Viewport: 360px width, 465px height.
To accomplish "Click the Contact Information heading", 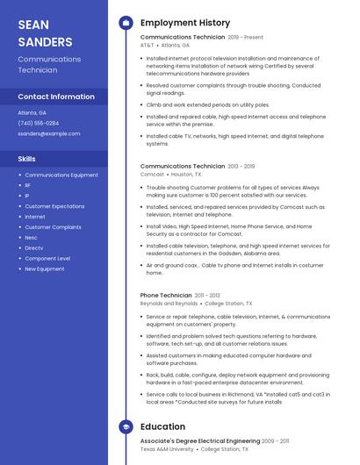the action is pos(56,97).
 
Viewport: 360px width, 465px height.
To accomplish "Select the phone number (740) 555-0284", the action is pos(39,123).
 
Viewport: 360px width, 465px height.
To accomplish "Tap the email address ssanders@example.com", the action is pos(49,133).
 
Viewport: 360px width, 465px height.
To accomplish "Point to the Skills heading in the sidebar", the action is pos(27,159).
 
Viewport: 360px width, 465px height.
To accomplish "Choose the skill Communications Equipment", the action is pos(61,175).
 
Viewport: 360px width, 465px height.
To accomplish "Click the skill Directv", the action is pos(34,248).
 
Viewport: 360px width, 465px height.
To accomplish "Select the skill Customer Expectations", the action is pos(54,206).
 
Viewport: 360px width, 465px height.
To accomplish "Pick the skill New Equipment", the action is pos(45,269).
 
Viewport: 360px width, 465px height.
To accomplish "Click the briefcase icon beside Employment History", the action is pos(125,23).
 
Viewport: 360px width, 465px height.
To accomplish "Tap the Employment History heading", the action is pos(185,23).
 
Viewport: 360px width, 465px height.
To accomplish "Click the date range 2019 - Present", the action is pos(246,38).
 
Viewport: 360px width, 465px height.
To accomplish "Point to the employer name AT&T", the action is pos(147,45).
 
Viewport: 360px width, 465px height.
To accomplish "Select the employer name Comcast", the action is pos(152,174).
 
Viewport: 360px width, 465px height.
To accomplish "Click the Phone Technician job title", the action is pos(166,296).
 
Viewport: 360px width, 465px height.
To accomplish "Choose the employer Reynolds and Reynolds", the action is pos(169,303).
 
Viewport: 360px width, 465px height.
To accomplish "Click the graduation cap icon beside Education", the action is pos(125,427).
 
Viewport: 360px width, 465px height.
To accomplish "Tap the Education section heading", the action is pos(162,427).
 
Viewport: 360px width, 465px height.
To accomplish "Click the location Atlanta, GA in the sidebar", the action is pos(32,112).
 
